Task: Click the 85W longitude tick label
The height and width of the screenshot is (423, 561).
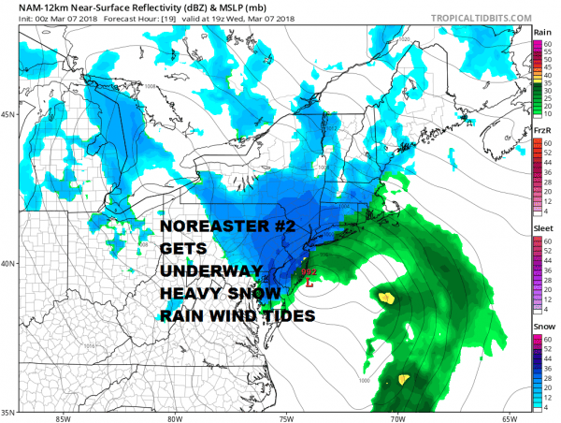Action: tap(63, 417)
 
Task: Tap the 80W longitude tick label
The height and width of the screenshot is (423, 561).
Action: tap(174, 417)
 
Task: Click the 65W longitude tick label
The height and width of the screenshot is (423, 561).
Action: tap(510, 417)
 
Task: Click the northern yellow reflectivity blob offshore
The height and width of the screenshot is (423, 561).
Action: tap(386, 298)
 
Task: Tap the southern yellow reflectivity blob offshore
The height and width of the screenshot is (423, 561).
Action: tap(404, 379)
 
